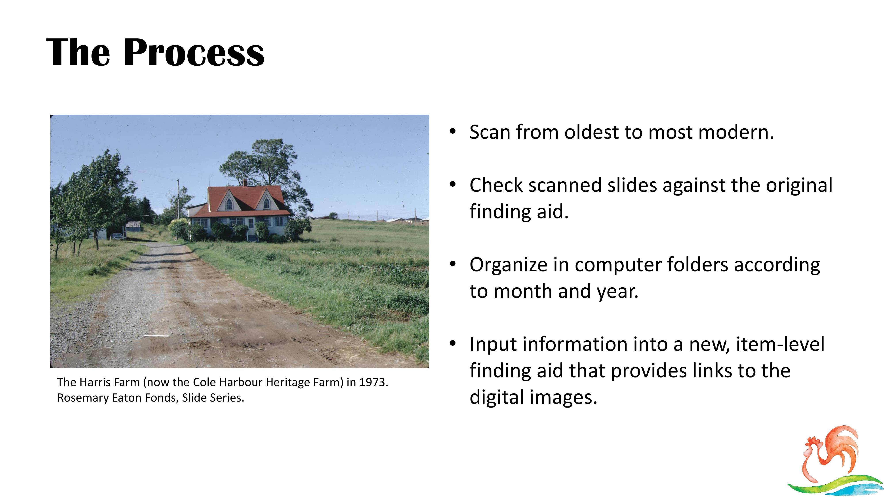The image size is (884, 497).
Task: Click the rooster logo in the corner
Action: point(834,460)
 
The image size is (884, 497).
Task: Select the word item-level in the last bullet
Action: point(780,344)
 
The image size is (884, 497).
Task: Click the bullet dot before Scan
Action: point(453,131)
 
